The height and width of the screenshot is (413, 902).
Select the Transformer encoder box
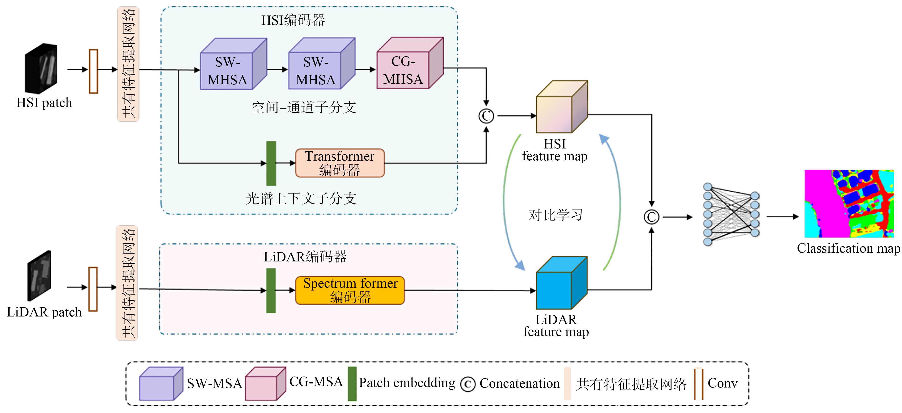340,163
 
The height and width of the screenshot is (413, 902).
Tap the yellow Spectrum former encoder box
350,290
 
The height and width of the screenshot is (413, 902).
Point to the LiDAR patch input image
39,275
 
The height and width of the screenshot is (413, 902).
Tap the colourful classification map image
849,204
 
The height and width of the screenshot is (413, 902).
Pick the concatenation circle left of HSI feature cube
486,116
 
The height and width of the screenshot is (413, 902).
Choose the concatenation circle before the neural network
651,217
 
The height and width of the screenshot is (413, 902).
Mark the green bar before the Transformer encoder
271,163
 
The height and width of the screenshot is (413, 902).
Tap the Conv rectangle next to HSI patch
94,71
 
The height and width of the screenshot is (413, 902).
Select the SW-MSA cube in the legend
161,384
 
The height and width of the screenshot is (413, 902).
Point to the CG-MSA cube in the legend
265,384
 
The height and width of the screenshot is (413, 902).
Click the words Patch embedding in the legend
407,383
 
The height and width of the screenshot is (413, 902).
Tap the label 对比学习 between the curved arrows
555,215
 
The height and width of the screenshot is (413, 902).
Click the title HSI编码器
293,20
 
